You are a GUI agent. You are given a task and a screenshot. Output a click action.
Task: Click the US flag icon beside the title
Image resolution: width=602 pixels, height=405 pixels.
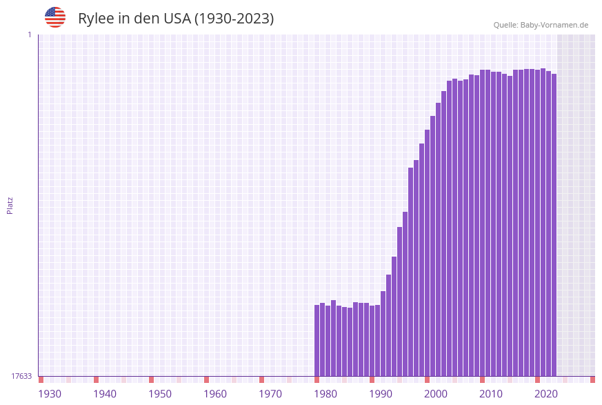[55, 17]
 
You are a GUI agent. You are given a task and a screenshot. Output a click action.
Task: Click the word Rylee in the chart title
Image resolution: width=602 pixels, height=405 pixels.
[96, 19]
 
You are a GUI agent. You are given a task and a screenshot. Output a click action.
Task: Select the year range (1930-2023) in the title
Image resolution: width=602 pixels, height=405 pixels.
[234, 19]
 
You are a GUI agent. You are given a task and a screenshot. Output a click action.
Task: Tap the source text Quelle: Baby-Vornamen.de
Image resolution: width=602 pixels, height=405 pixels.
[541, 25]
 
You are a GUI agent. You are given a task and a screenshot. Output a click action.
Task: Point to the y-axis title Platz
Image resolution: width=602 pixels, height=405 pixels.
[10, 205]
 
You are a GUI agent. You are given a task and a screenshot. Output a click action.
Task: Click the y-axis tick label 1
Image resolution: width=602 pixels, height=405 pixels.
[29, 34]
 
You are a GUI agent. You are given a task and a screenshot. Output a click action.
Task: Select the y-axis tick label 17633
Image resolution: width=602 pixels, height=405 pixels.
[21, 376]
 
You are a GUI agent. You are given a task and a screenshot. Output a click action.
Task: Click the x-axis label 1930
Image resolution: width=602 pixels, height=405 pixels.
[50, 394]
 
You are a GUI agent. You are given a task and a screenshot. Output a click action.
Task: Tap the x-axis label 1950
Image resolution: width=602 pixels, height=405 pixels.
[160, 394]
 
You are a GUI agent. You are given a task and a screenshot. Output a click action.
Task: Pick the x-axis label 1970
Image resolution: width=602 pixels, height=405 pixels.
[270, 394]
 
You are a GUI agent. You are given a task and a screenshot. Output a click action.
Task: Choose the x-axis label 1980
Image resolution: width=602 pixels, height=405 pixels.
[325, 394]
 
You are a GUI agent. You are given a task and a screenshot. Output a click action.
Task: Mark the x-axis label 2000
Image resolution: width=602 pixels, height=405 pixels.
[436, 394]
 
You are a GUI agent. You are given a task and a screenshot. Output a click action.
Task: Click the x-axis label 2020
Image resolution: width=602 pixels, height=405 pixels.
[546, 394]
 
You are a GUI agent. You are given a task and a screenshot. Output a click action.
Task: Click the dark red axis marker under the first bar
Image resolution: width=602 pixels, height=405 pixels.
[317, 379]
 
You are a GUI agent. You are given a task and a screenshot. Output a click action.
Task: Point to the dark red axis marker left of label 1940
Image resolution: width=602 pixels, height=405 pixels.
[97, 379]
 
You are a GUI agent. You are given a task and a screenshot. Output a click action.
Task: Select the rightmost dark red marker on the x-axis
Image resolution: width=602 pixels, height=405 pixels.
[592, 379]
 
